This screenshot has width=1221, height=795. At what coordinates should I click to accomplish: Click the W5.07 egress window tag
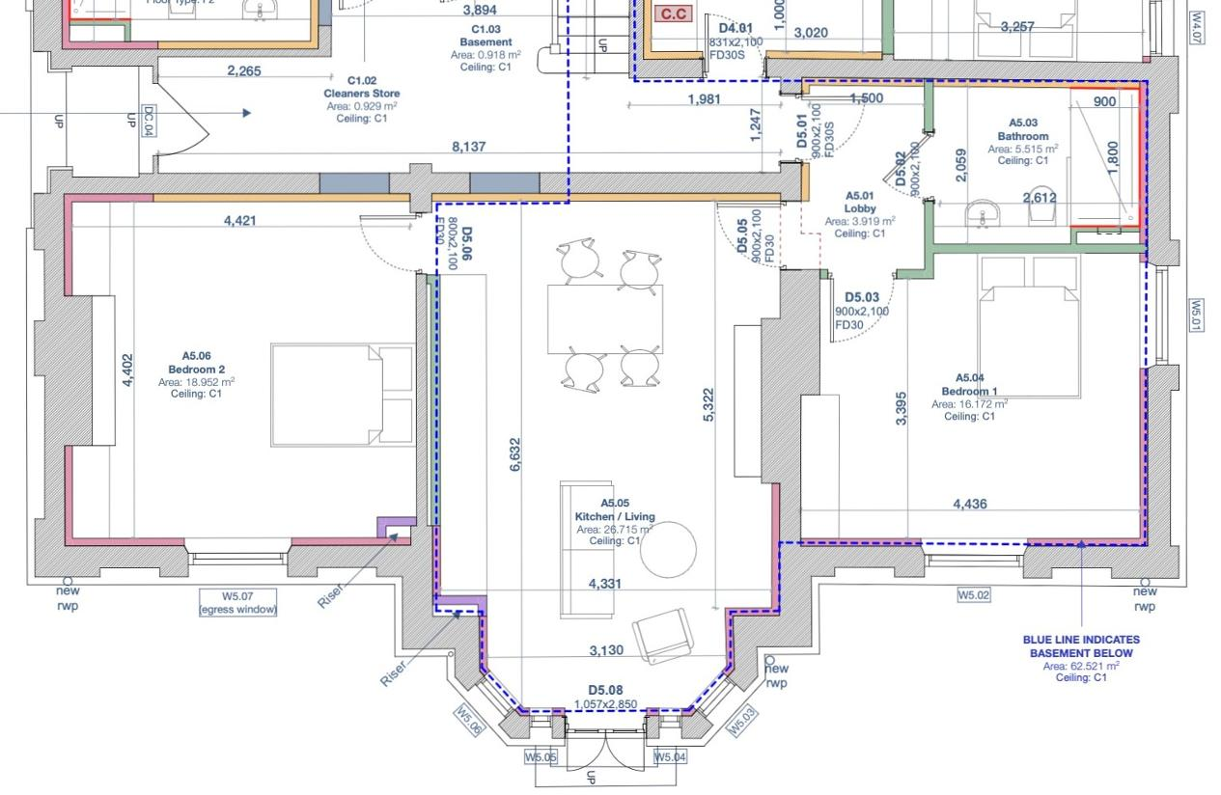(236, 602)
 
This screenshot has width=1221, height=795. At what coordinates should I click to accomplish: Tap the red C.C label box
(673, 14)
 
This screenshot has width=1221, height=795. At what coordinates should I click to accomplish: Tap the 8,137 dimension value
(468, 147)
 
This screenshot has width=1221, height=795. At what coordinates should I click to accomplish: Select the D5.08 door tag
(606, 692)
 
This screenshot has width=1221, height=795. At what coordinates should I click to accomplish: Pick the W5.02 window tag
(974, 595)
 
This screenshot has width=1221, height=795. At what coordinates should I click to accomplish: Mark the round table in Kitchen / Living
(668, 549)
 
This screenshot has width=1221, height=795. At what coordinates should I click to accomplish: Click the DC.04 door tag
(149, 120)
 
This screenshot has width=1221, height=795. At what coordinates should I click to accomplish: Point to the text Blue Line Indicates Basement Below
(1080, 645)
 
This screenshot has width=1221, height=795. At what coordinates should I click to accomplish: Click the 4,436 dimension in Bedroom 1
(969, 504)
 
